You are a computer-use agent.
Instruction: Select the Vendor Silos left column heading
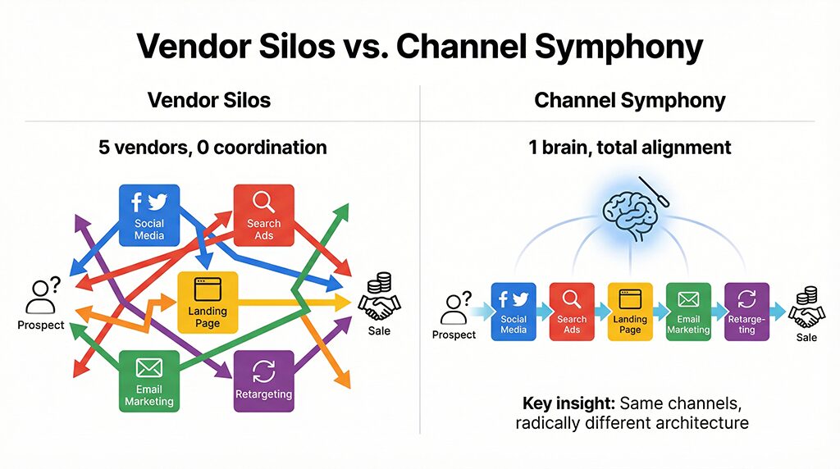click(x=209, y=101)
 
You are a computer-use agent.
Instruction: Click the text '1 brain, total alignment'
click(x=630, y=148)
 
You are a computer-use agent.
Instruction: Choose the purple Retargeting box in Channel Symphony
click(x=746, y=311)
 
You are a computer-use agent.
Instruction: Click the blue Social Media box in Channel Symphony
click(x=514, y=311)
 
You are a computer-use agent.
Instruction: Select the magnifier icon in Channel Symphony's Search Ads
click(x=572, y=299)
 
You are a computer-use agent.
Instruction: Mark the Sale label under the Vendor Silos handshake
click(x=379, y=331)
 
